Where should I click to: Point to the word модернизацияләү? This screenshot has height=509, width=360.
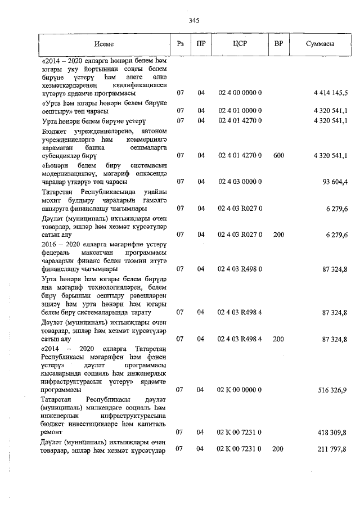click(71, 173)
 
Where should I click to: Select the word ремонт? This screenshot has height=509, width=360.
click(55, 432)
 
